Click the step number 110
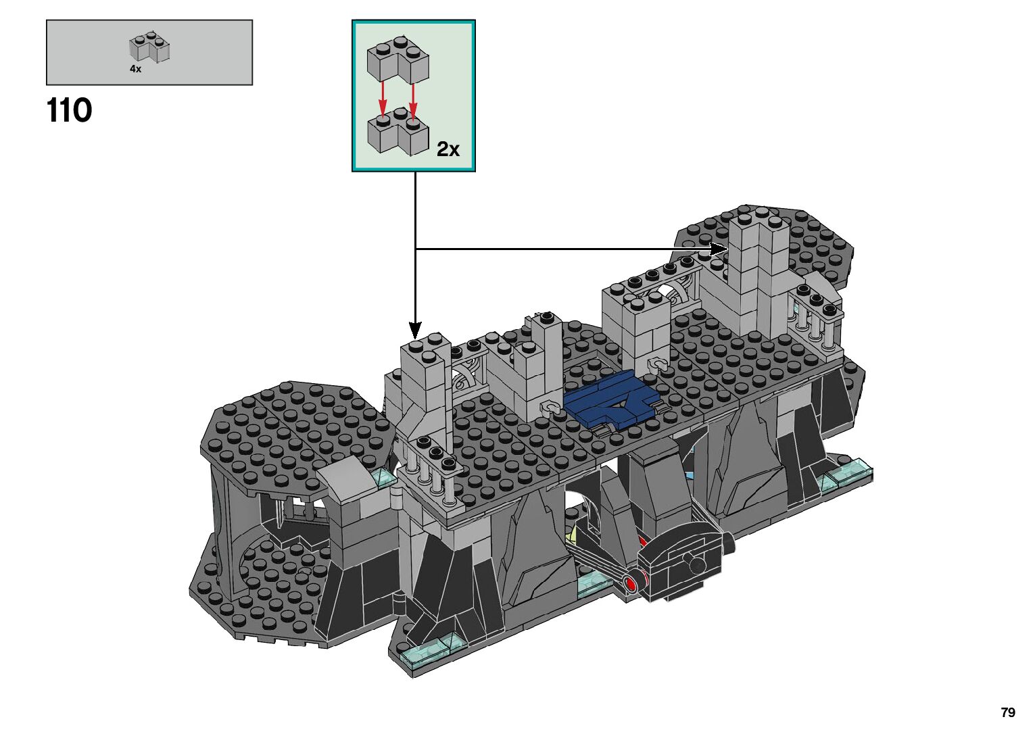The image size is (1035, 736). (x=70, y=110)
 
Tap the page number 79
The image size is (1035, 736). (x=1008, y=712)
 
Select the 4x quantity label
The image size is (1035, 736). (x=135, y=69)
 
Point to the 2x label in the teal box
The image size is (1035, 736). (x=448, y=149)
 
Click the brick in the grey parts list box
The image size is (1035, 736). (x=149, y=47)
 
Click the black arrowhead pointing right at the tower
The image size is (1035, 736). (x=719, y=249)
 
